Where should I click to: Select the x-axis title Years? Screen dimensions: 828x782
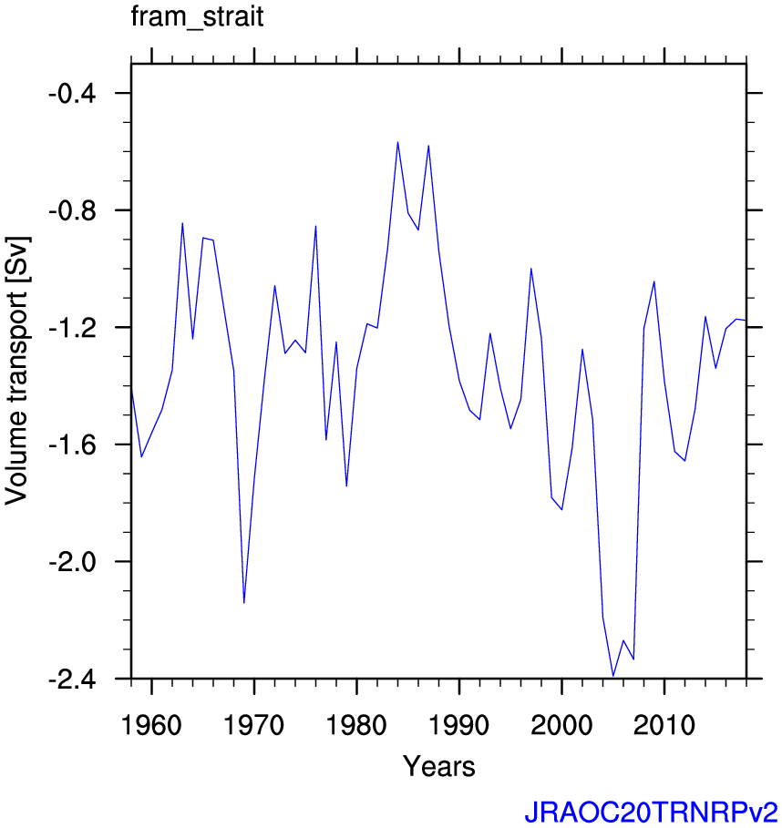[x=438, y=766]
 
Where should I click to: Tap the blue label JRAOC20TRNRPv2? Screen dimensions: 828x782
[x=650, y=811]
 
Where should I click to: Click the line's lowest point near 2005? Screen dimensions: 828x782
[x=613, y=676]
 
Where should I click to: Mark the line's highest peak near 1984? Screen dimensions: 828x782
[x=397, y=142]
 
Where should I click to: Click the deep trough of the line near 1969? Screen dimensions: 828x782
[x=244, y=602]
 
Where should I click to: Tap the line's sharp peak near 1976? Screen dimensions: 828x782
[x=315, y=226]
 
